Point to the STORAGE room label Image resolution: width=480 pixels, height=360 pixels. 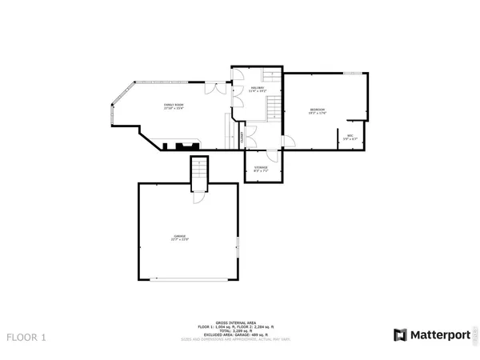(261, 167)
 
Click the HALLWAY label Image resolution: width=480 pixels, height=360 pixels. (257, 88)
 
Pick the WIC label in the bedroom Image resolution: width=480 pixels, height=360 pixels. (350, 136)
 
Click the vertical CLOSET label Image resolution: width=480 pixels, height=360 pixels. (242, 138)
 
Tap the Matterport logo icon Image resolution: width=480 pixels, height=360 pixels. (398, 334)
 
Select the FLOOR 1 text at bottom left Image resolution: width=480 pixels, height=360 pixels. (26, 337)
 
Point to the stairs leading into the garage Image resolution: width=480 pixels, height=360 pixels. (199, 171)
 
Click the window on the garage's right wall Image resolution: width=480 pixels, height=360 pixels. (238, 247)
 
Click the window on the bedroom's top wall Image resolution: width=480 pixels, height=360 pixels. (350, 74)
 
